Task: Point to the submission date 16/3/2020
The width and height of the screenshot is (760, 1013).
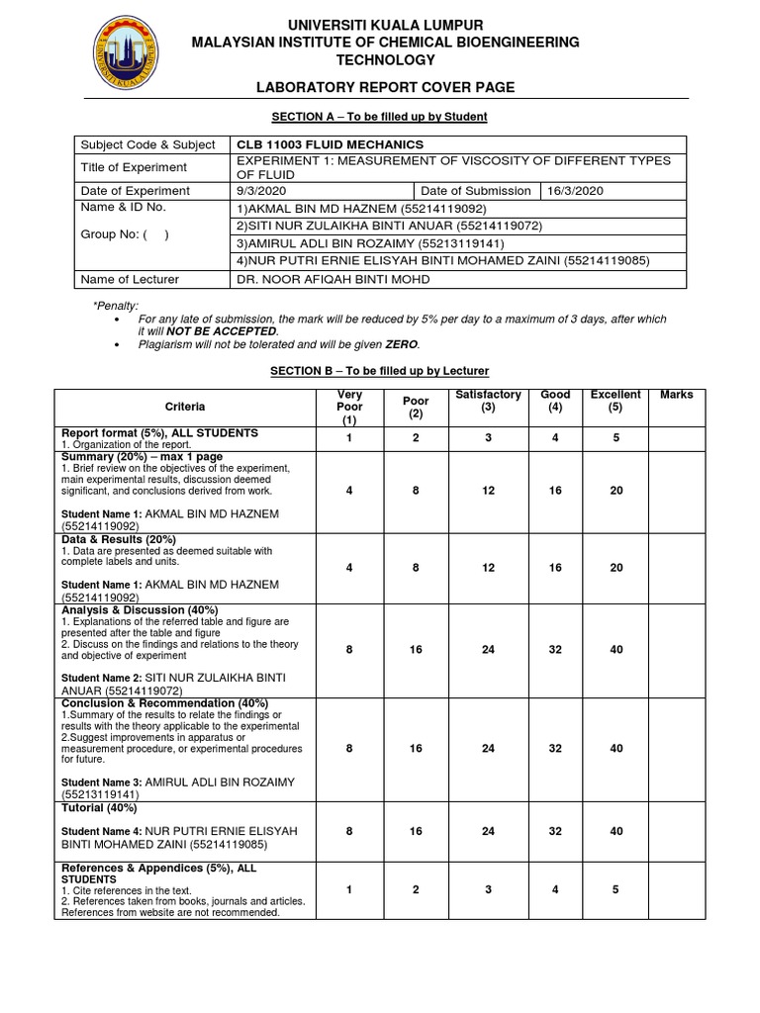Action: pos(573,191)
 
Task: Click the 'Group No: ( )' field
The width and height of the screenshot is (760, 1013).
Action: pos(124,235)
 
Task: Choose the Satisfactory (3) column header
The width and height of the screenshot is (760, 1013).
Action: pos(488,401)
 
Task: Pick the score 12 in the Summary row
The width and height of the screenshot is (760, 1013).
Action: pos(488,491)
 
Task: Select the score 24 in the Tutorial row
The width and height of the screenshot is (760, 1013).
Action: pos(488,831)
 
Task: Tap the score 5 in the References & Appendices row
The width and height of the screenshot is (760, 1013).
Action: pos(616,889)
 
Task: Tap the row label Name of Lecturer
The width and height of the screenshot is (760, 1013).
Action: pos(130,279)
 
